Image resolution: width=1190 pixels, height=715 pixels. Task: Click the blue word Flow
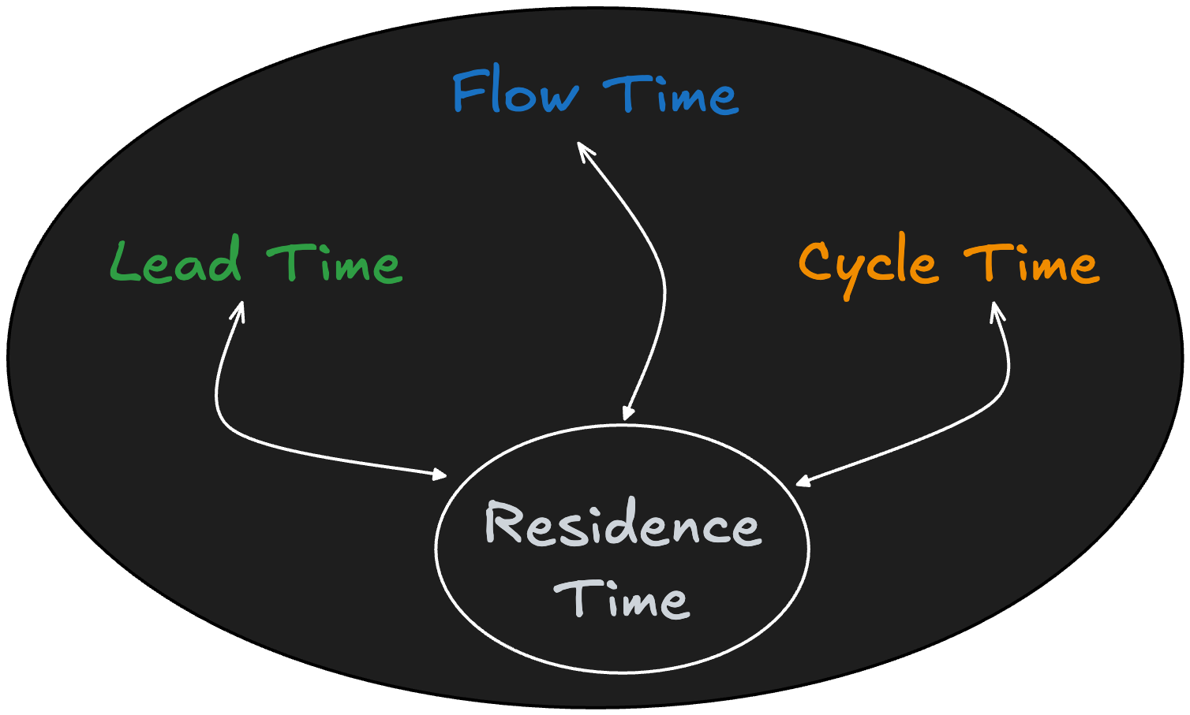[515, 92]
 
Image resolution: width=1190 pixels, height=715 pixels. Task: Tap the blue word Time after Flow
[672, 95]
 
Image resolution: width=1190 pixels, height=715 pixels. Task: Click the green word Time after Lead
[335, 263]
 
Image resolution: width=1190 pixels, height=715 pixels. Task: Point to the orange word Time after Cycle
[1031, 263]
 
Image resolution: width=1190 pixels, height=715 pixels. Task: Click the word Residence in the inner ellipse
[623, 524]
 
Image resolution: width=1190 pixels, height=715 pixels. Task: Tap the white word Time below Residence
[622, 598]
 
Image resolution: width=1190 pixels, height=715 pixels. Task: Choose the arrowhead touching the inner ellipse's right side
[802, 481]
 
